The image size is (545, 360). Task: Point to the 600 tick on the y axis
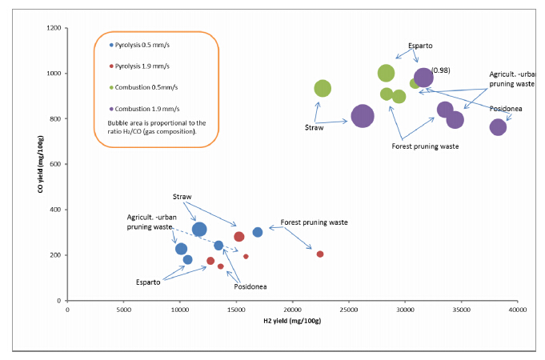click(x=55, y=165)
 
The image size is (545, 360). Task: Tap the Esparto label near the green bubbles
click(x=421, y=45)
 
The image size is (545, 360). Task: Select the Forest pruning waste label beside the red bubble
click(x=314, y=222)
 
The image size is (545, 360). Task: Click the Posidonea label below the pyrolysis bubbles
click(x=250, y=286)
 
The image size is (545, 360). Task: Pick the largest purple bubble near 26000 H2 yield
click(x=363, y=117)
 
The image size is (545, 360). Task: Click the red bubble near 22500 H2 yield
click(x=320, y=254)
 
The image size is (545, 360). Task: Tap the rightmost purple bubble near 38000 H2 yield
click(x=498, y=127)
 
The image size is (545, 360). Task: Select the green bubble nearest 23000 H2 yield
click(x=323, y=89)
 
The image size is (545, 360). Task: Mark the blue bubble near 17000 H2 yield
click(x=258, y=233)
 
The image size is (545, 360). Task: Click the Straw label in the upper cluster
click(x=314, y=127)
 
